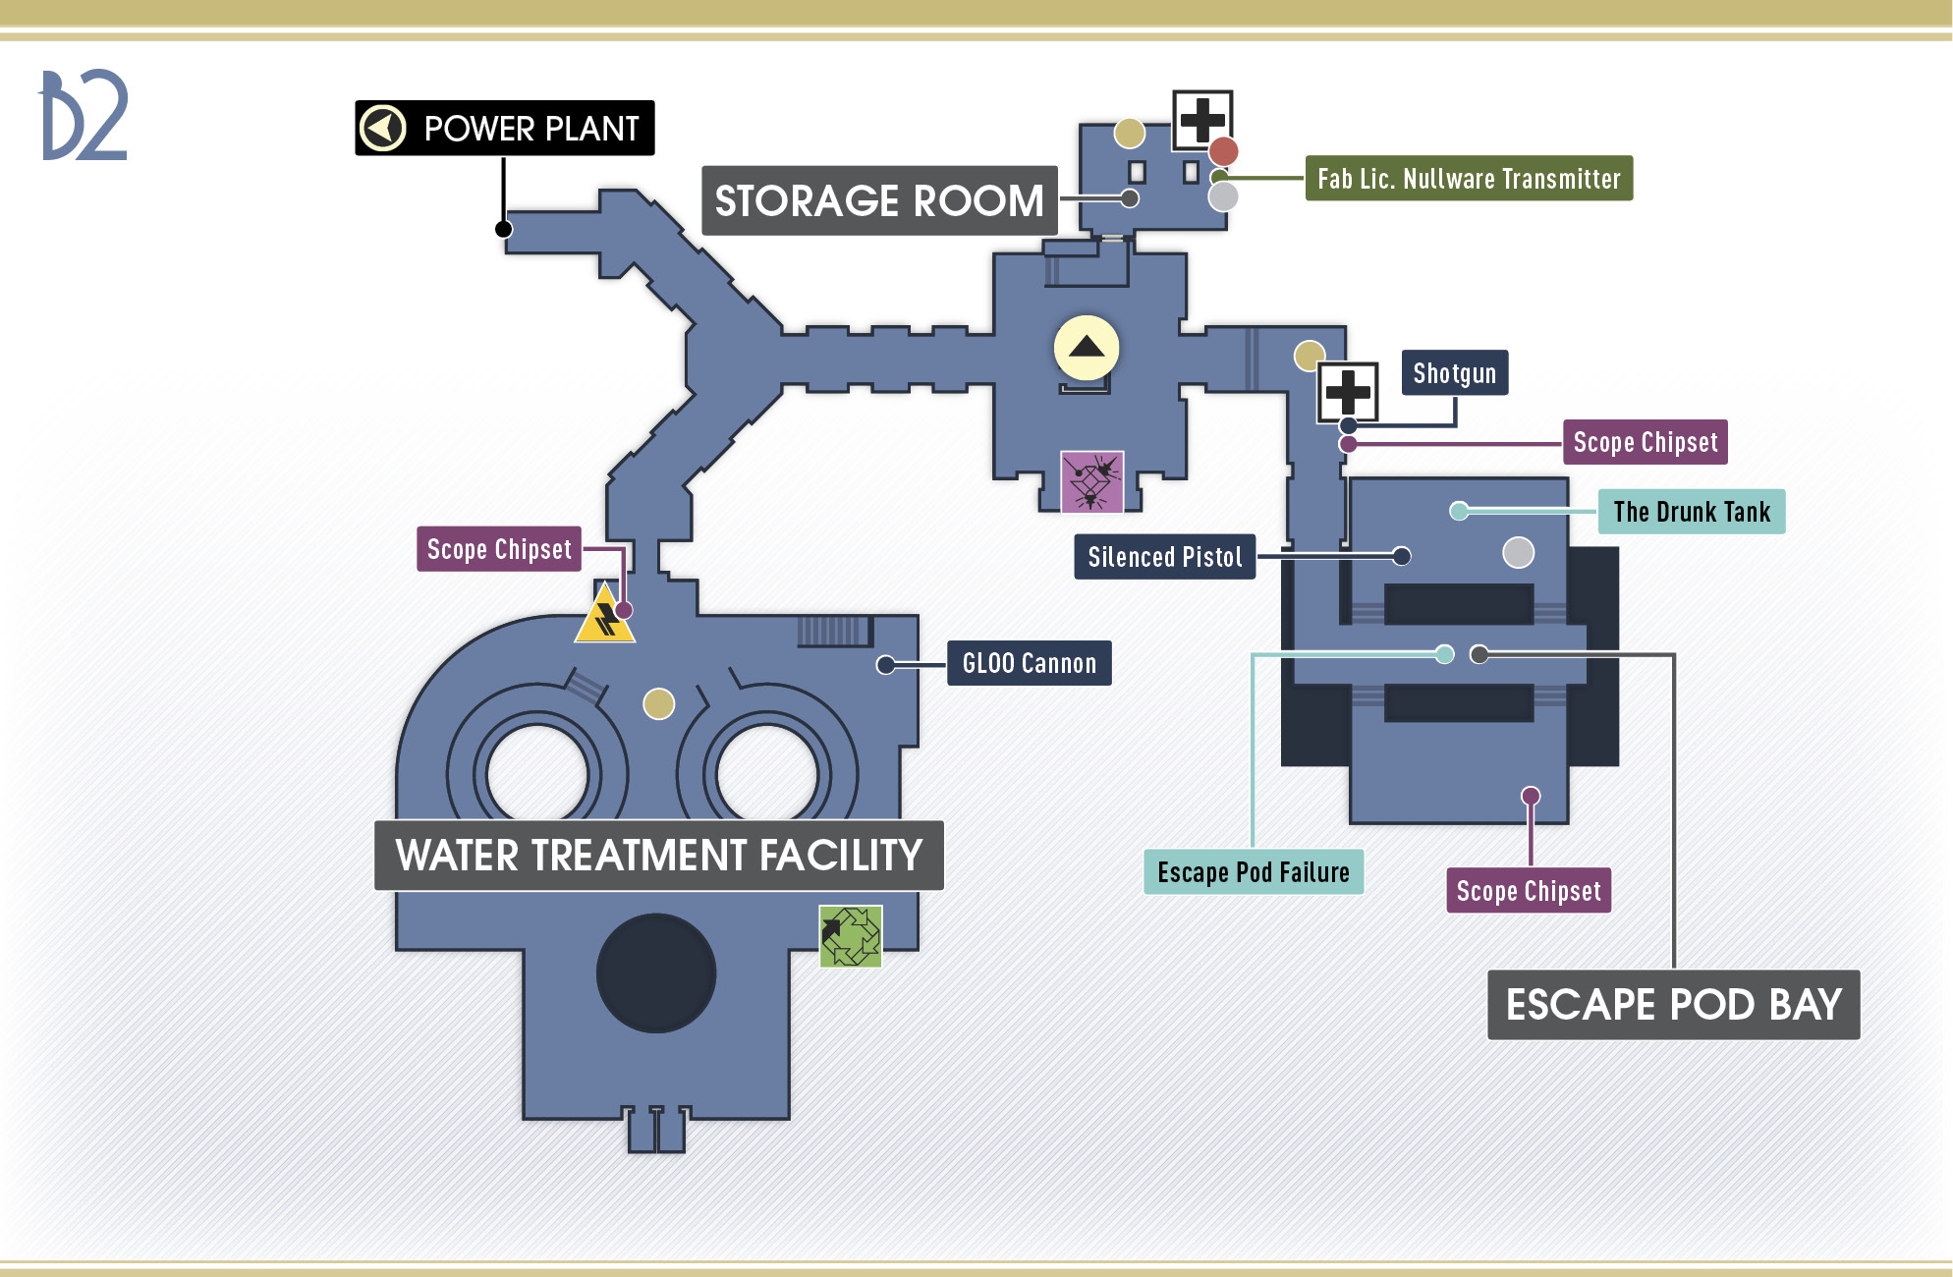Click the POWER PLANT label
point(505,128)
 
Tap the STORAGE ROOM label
point(879,200)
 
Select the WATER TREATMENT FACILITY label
point(659,855)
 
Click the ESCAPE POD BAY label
point(1674,1004)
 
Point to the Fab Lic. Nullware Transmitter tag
point(1469,179)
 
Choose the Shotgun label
point(1455,373)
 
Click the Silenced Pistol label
point(1165,557)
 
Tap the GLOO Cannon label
point(1030,663)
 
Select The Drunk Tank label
point(1692,512)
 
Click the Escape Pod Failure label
point(1254,872)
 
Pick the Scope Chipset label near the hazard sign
point(499,549)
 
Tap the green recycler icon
point(851,936)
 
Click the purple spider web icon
point(1092,481)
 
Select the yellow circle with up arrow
point(1087,348)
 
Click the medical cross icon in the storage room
point(1202,121)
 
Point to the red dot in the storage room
point(1223,151)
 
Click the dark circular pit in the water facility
point(656,973)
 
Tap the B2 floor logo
point(84,115)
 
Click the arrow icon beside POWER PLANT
point(383,128)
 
